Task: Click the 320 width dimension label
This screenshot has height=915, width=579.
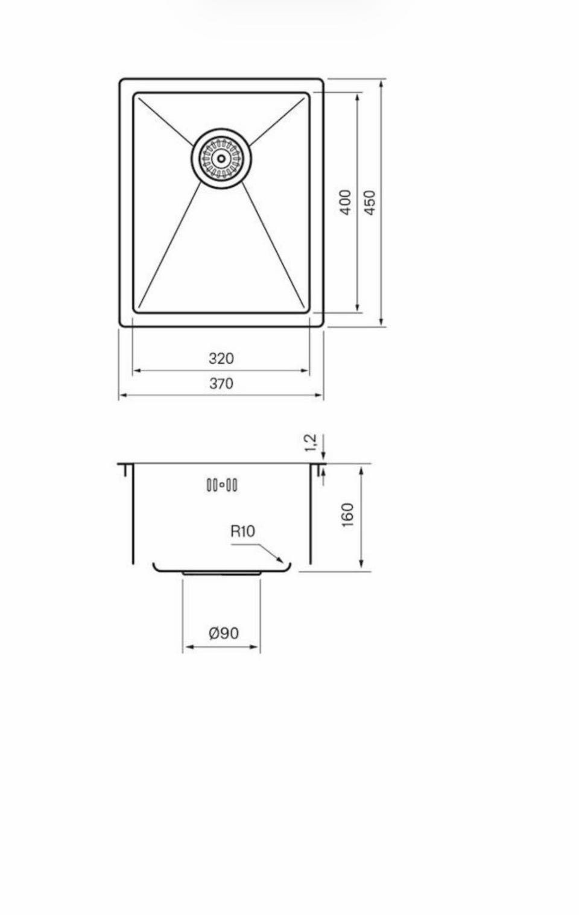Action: coord(221,359)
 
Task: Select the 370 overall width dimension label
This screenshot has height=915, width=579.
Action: coord(221,384)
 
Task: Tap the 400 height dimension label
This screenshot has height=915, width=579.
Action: coord(346,202)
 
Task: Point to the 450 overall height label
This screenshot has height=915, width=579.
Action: coord(370,202)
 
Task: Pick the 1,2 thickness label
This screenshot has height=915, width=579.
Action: coord(311,443)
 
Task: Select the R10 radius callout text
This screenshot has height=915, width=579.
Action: coord(242,531)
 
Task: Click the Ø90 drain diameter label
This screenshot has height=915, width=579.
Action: coord(224,633)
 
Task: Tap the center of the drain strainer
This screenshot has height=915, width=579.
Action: coord(221,159)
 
